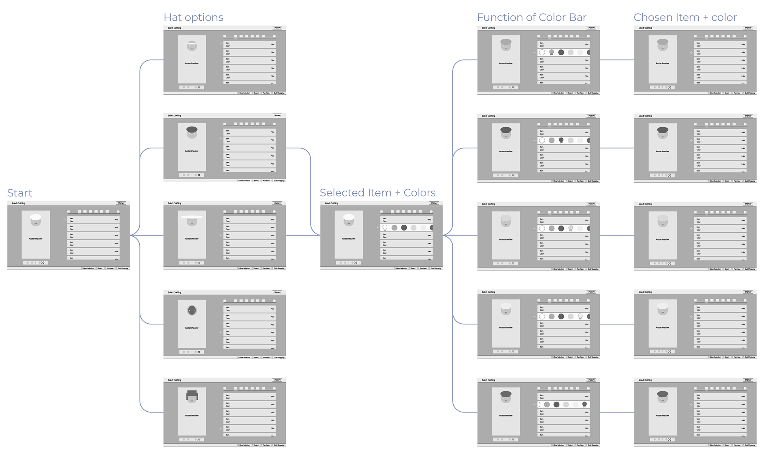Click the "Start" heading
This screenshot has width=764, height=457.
[x=19, y=193]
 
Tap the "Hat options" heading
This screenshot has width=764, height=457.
[x=193, y=18]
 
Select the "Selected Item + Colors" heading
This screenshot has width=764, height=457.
[x=378, y=193]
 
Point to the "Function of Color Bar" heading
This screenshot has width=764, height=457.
[x=532, y=18]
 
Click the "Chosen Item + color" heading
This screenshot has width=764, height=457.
[x=685, y=18]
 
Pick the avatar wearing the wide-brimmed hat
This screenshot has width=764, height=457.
[x=192, y=220]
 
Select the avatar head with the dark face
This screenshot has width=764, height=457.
[x=192, y=310]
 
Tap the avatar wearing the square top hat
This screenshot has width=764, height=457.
[x=192, y=397]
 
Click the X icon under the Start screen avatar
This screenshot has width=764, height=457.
[x=43, y=263]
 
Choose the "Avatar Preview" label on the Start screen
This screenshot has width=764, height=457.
[x=36, y=239]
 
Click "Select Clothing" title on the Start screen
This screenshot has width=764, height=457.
[x=18, y=203]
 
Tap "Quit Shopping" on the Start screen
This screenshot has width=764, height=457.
[x=123, y=268]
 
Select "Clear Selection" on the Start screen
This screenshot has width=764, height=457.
[x=88, y=268]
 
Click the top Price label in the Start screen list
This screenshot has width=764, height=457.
[x=117, y=220]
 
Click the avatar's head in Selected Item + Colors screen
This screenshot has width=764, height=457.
[x=349, y=221]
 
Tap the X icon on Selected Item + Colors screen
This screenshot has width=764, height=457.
[x=356, y=263]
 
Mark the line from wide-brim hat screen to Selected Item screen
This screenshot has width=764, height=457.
[x=302, y=235]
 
